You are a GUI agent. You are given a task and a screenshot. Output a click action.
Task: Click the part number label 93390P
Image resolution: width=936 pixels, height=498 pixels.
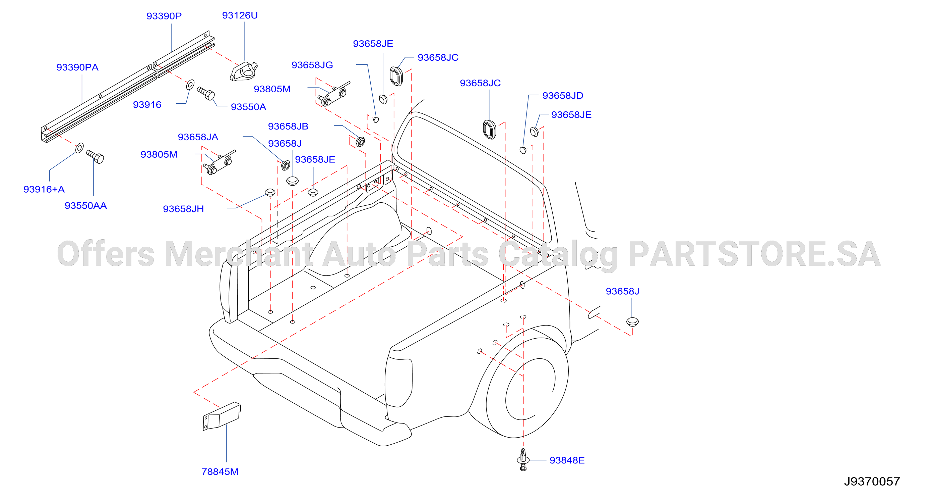pyautogui.click(x=164, y=16)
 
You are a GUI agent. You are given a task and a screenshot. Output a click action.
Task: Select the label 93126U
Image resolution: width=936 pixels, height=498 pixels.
pyautogui.click(x=240, y=15)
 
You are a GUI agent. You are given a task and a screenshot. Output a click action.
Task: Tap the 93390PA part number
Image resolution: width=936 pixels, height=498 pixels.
pyautogui.click(x=77, y=67)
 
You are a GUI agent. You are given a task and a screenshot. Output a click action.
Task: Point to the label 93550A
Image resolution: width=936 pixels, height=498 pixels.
pyautogui.click(x=249, y=107)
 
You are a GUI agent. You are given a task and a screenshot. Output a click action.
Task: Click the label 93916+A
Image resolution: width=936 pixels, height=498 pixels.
pyautogui.click(x=44, y=189)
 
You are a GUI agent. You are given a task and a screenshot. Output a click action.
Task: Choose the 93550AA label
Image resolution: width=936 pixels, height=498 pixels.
pyautogui.click(x=86, y=205)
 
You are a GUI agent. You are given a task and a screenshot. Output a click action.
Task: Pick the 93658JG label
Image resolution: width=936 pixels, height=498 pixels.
pyautogui.click(x=312, y=65)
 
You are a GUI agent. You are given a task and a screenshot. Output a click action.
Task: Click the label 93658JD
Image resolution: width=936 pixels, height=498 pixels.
pyautogui.click(x=563, y=95)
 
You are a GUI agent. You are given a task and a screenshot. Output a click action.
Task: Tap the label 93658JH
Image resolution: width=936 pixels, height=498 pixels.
pyautogui.click(x=184, y=209)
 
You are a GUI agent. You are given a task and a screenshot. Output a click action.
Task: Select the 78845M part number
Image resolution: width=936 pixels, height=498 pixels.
pyautogui.click(x=220, y=471)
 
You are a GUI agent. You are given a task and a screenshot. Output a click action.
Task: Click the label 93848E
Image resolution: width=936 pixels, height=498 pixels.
pyautogui.click(x=567, y=460)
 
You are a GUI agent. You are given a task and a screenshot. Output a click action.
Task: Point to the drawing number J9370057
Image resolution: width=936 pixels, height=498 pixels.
pyautogui.click(x=872, y=481)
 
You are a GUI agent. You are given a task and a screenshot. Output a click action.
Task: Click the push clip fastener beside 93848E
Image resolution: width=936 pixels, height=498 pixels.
pyautogui.click(x=523, y=460)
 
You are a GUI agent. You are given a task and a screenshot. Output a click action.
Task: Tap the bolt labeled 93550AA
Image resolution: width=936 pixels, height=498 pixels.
pyautogui.click(x=95, y=157)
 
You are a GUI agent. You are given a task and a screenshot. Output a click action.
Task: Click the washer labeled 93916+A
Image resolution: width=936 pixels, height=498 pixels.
pyautogui.click(x=79, y=148)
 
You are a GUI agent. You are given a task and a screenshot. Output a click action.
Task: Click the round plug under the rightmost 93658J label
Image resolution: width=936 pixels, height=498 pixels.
pyautogui.click(x=632, y=321)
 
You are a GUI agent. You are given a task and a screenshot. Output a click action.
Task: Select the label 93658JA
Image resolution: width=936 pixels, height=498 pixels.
pyautogui.click(x=198, y=137)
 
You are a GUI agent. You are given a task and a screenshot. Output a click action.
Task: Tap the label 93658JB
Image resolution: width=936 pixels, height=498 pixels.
pyautogui.click(x=288, y=126)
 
